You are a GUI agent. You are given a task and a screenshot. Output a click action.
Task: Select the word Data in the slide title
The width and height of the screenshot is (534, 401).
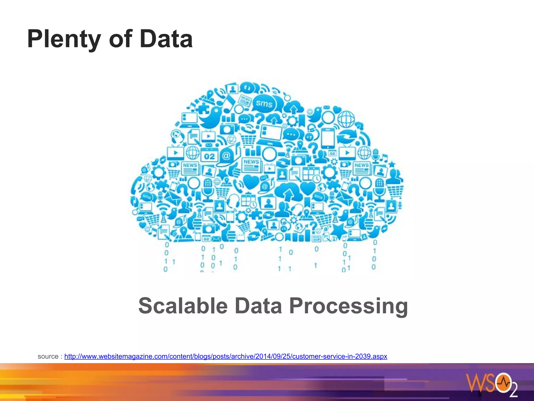coord(166,39)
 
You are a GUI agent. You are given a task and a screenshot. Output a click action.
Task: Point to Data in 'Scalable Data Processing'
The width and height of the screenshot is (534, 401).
coord(258,306)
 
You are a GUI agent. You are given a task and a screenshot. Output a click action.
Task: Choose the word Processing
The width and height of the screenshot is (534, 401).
coord(348,306)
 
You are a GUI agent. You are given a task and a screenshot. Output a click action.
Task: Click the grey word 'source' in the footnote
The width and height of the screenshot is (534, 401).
coord(48,356)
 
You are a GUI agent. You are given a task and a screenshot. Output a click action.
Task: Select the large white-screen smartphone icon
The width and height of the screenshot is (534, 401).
coord(327,138)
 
